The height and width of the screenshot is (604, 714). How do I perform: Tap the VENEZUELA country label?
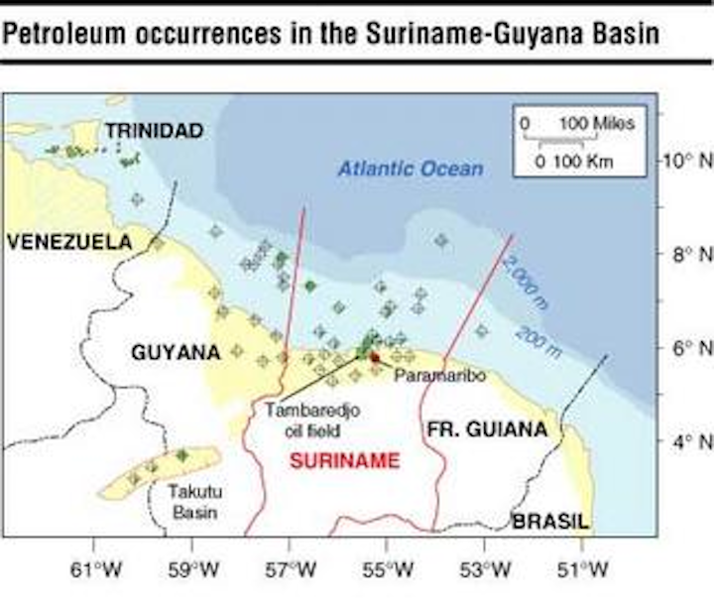[x=69, y=242]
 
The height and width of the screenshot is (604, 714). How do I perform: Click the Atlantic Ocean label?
[x=411, y=170]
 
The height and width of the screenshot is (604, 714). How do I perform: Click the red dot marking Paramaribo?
[x=375, y=357]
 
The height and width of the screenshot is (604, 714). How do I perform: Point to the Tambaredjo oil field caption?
[x=302, y=420]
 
